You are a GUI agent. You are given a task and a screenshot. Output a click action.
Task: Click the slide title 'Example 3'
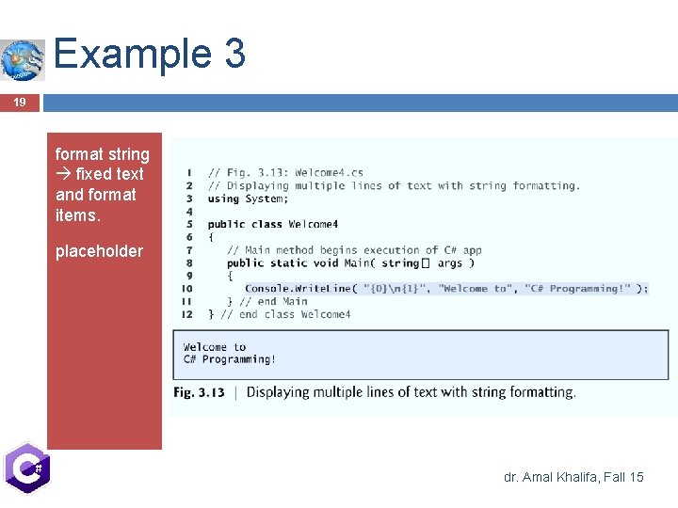coord(150,54)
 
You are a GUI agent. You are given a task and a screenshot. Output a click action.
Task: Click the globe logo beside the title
coord(23,60)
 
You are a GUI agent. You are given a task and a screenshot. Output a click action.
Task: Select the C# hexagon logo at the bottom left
coord(25,468)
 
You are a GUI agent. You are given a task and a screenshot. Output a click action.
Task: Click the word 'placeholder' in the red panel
coord(99,251)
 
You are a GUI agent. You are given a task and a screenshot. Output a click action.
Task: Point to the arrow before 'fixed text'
coord(64,175)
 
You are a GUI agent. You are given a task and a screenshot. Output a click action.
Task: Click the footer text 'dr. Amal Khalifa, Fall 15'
coord(573,477)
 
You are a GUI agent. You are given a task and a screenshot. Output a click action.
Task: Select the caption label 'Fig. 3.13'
coord(199,392)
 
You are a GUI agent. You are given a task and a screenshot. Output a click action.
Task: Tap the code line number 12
coord(187,314)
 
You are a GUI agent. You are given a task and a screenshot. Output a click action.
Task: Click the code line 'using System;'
coord(248,198)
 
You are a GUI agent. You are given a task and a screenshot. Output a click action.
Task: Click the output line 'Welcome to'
coord(215,347)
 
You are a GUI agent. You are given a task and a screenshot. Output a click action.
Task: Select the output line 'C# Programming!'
coord(230,359)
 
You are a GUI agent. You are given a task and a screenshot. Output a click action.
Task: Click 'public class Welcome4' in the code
coord(273,224)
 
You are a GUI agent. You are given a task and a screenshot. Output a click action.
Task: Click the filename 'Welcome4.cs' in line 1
coord(329,173)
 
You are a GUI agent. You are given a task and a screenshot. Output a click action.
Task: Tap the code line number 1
coord(189,173)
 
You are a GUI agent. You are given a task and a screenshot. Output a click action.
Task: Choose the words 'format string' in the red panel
coord(102,154)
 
